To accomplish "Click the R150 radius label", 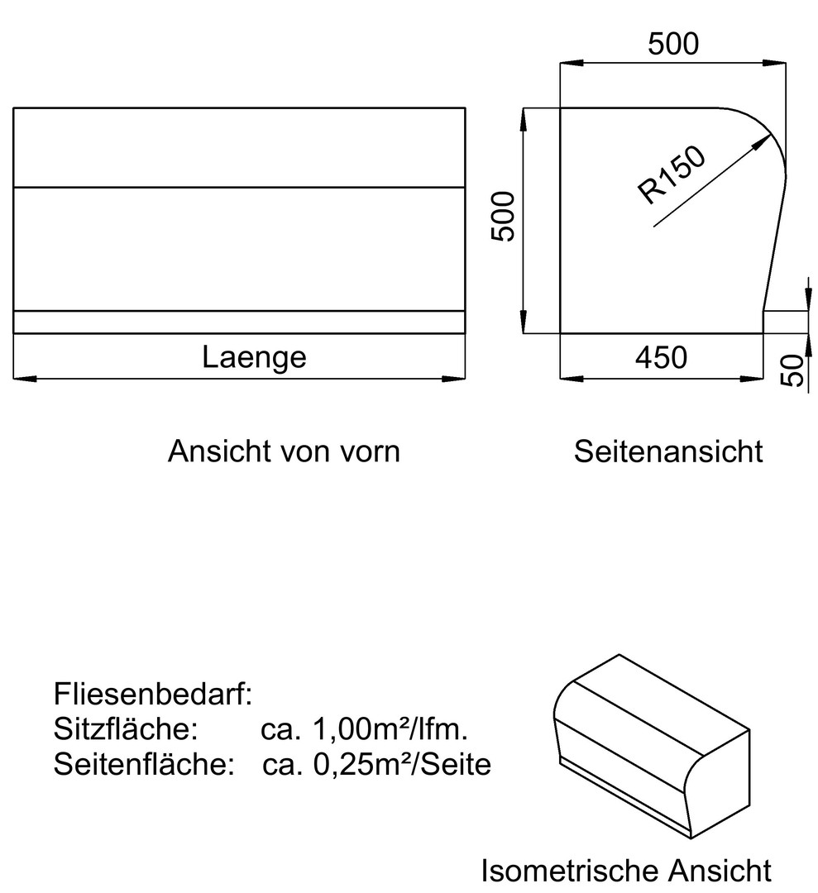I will coord(672,174).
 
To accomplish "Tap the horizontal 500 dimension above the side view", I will coord(672,44).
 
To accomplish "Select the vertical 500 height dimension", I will coord(502,217).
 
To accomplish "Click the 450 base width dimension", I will coord(661,357).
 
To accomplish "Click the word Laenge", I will coord(254,357).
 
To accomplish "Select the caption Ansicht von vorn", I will coord(284,451).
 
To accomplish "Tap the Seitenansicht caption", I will coord(669,451).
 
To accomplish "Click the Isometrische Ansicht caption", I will coord(626,870).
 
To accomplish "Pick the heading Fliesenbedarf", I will coord(153,694).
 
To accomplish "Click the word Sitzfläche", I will coord(125,729).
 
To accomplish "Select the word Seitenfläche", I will coord(141,765).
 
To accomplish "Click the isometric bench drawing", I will coord(651,744).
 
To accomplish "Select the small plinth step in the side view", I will coord(783,322).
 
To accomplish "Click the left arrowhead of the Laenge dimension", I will coord(18,379).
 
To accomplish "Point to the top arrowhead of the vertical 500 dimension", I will coord(524,112).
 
